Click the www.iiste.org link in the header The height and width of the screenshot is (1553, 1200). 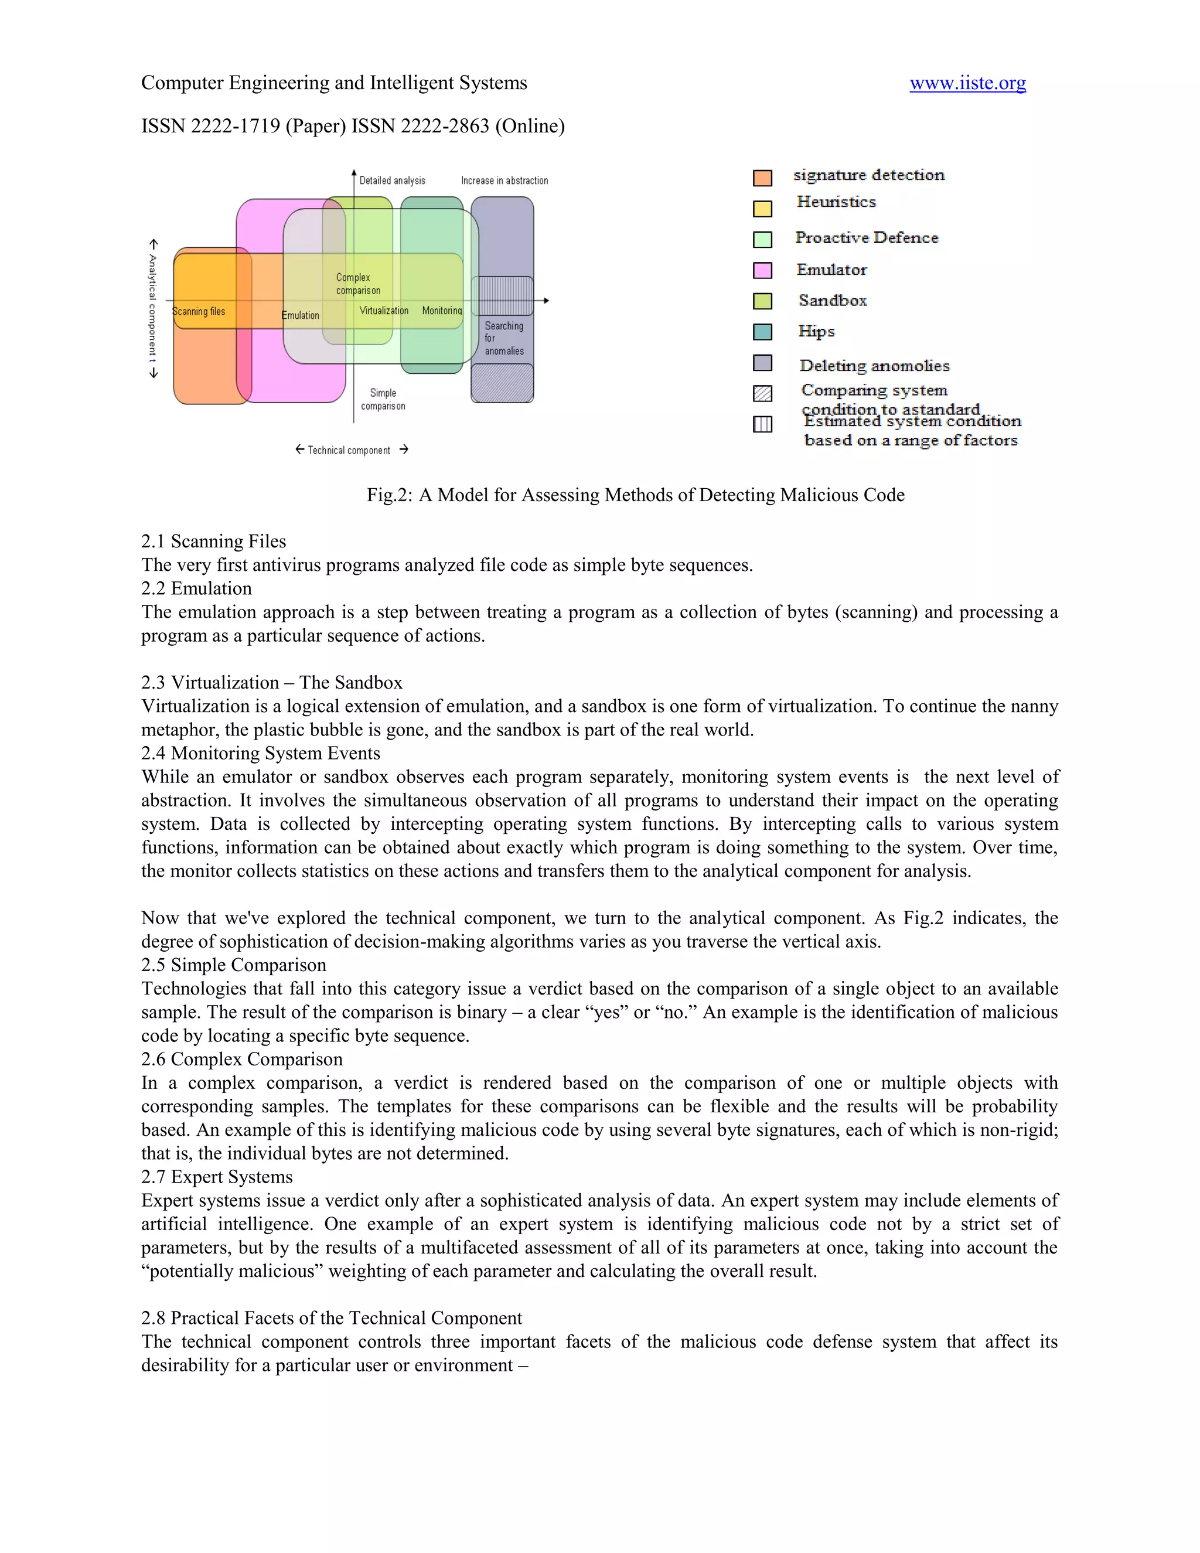click(x=967, y=83)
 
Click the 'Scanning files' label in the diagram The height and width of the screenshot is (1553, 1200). click(x=199, y=311)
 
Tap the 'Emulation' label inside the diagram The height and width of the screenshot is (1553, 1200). click(x=300, y=315)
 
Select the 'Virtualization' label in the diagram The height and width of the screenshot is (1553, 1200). click(x=384, y=311)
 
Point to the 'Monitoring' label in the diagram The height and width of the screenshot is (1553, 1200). click(x=441, y=311)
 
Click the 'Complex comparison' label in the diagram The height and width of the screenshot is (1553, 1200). click(x=357, y=284)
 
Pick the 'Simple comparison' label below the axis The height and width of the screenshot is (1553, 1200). click(x=383, y=400)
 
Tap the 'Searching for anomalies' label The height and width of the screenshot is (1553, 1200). click(x=504, y=339)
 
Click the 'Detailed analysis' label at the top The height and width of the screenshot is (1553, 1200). click(x=393, y=180)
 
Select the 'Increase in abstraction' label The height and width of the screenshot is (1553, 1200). click(x=504, y=180)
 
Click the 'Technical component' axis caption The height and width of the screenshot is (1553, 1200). click(x=349, y=450)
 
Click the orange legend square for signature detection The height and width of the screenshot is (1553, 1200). click(x=762, y=178)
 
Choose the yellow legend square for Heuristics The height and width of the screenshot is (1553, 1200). click(x=762, y=209)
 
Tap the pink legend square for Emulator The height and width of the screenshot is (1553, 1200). click(x=762, y=270)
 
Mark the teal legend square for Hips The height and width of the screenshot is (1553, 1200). click(x=762, y=332)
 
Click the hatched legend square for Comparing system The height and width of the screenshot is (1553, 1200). click(x=762, y=393)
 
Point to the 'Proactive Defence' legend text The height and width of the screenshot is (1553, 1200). click(x=866, y=237)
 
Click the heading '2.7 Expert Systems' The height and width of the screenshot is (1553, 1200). click(x=217, y=1177)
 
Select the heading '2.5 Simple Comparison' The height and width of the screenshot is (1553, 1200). click(x=233, y=965)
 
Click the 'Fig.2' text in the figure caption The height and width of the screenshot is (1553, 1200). click(x=389, y=495)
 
